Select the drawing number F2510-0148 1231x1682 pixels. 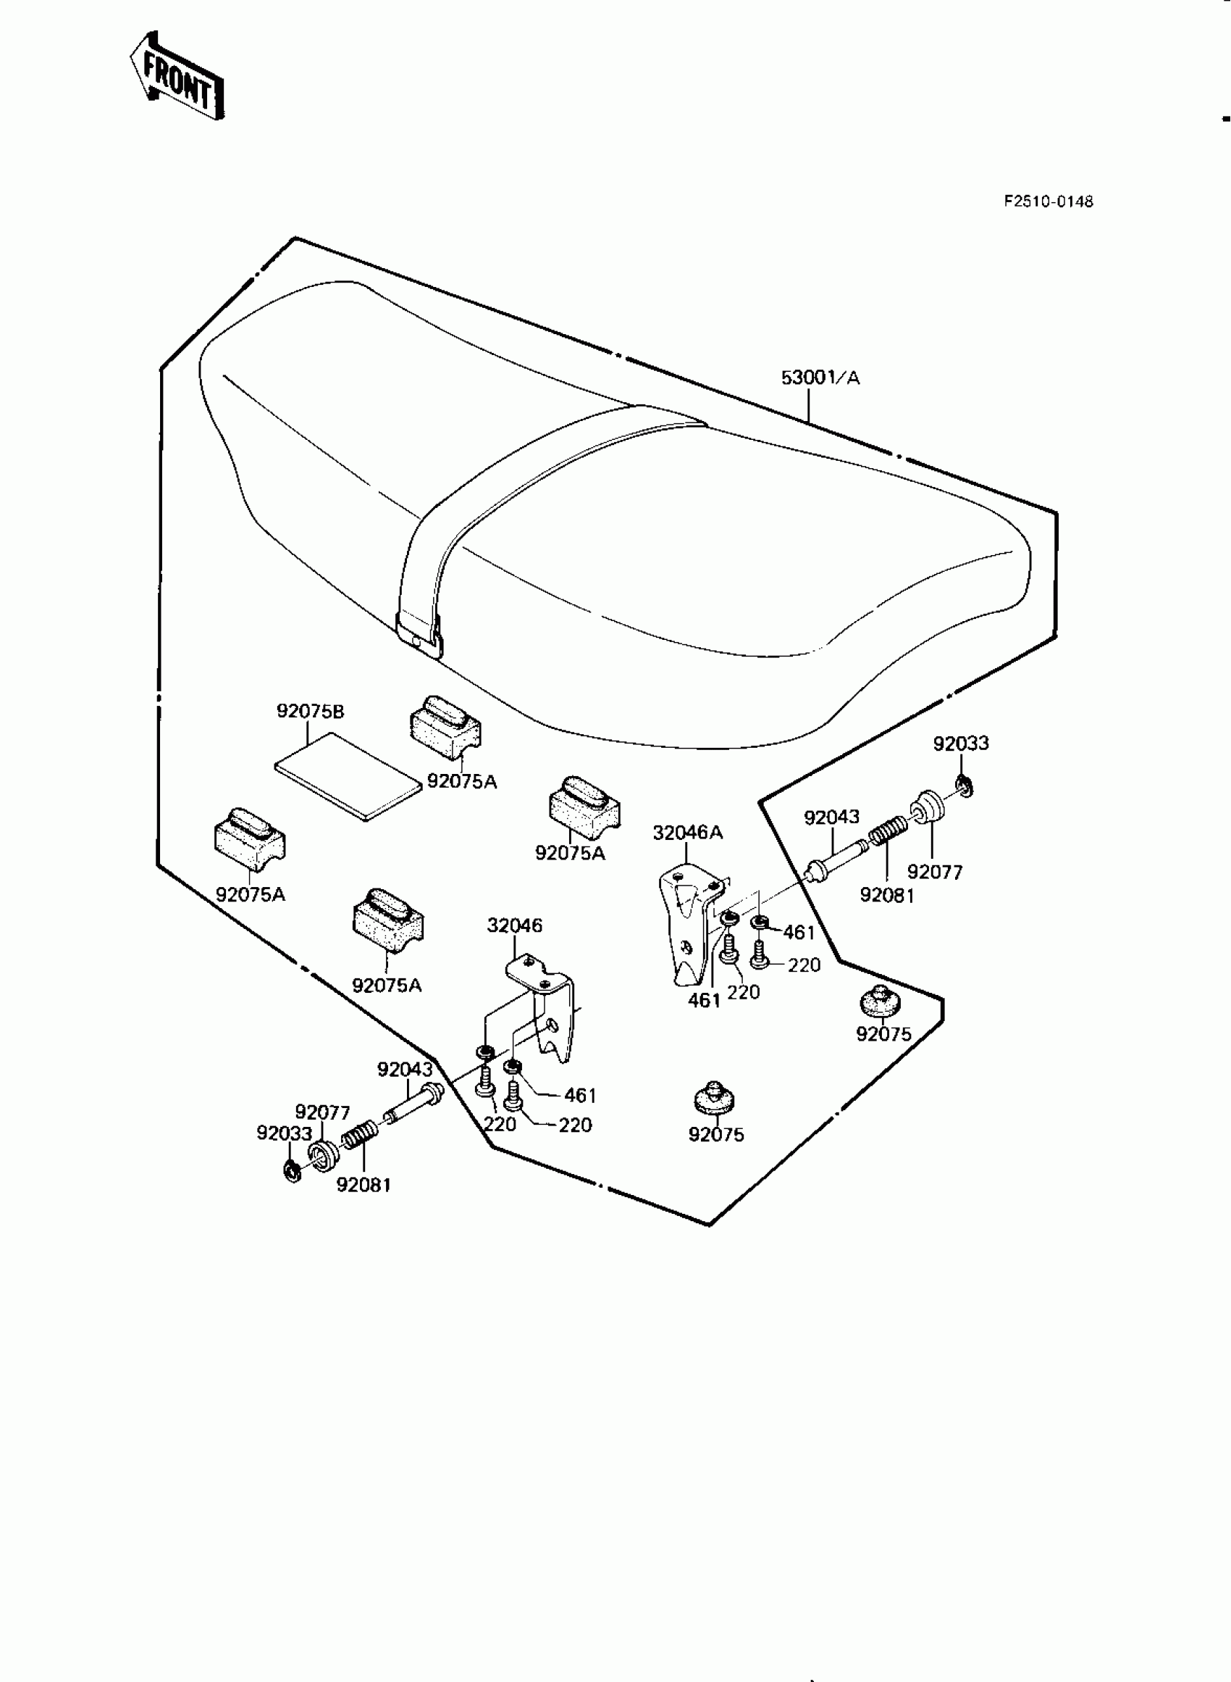click(x=1048, y=201)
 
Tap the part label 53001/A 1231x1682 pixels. click(x=820, y=378)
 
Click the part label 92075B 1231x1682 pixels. click(x=310, y=711)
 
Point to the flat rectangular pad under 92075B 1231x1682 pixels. click(x=347, y=775)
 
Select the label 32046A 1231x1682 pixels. click(x=687, y=833)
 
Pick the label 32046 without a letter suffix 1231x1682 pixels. click(x=514, y=925)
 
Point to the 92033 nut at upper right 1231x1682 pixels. click(x=962, y=785)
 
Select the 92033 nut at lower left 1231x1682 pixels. click(x=292, y=1170)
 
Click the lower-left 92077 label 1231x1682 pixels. click(x=322, y=1112)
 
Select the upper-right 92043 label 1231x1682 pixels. click(x=831, y=818)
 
